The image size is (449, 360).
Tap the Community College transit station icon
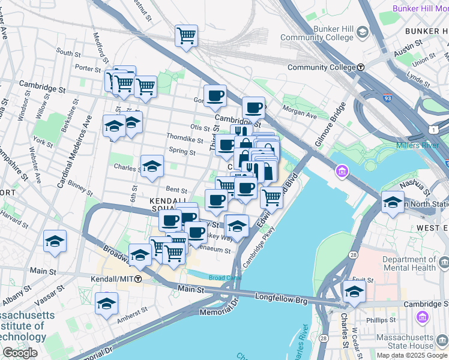[361, 67]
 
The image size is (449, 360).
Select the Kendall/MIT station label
[112, 279]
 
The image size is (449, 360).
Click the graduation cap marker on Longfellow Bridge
[354, 292]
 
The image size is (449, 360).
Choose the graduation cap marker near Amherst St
[106, 304]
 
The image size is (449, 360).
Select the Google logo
[20, 353]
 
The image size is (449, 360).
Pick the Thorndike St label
[185, 139]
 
